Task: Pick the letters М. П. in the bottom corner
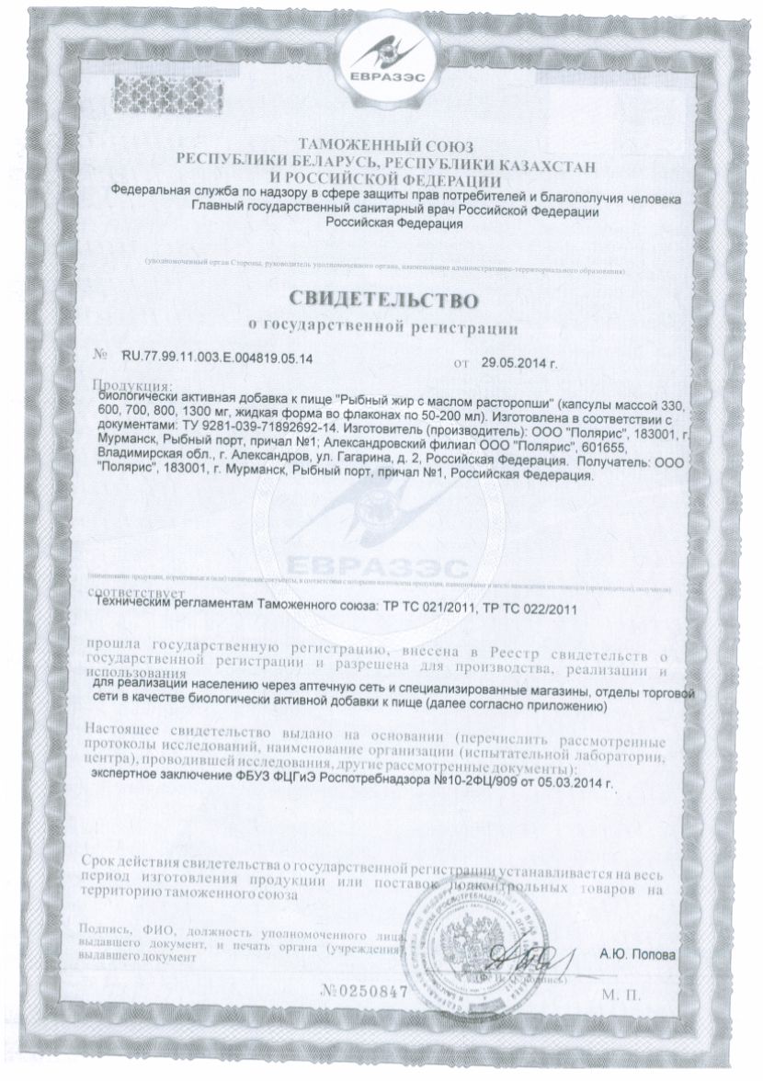point(627,994)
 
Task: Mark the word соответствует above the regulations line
point(138,594)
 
